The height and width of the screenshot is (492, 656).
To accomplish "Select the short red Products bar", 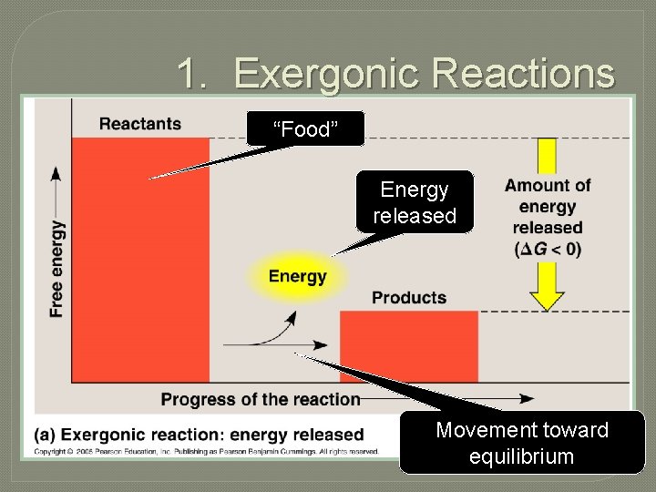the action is pyautogui.click(x=408, y=346).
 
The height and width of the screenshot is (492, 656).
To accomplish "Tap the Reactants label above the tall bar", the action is pyautogui.click(x=139, y=124).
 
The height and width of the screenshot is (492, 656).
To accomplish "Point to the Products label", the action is pyautogui.click(x=409, y=298).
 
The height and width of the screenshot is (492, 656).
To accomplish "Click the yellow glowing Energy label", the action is pyautogui.click(x=297, y=276).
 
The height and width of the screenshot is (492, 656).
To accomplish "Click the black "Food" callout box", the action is pyautogui.click(x=305, y=129).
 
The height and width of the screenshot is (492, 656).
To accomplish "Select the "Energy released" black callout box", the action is pyautogui.click(x=415, y=202).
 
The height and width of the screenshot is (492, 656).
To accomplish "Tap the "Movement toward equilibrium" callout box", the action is pyautogui.click(x=521, y=443).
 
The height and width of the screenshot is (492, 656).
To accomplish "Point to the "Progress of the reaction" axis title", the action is pyautogui.click(x=261, y=399).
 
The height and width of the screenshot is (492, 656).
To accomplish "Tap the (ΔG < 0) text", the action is pyautogui.click(x=547, y=249).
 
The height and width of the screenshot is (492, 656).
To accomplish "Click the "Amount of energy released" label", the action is pyautogui.click(x=548, y=206).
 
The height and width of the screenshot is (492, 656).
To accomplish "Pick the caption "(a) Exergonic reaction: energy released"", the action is pyautogui.click(x=199, y=435).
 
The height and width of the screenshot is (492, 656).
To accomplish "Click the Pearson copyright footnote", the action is pyautogui.click(x=207, y=451).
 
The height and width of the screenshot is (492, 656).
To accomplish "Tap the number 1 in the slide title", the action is pyautogui.click(x=188, y=74).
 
